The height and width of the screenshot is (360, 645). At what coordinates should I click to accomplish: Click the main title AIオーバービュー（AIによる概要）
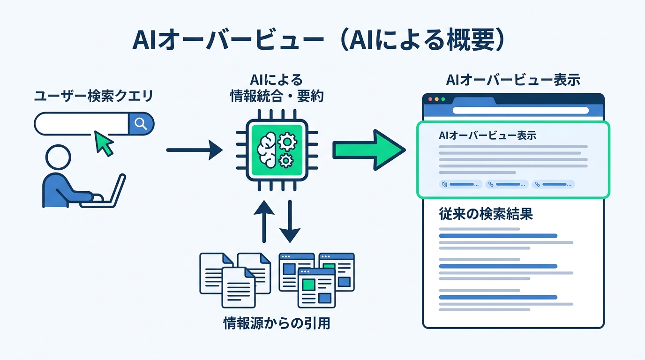319,41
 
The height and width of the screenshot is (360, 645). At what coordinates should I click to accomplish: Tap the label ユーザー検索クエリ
93,97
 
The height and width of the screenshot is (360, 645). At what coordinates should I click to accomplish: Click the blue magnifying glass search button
141,123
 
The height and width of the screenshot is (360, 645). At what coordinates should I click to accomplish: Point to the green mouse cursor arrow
105,143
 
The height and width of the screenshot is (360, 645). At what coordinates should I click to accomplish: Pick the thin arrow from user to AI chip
194,150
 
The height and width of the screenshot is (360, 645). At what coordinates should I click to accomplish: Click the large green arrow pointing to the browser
368,150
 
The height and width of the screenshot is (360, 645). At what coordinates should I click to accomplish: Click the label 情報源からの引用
276,323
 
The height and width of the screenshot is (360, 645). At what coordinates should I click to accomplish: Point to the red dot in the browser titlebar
430,99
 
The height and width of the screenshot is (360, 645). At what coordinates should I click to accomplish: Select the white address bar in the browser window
520,111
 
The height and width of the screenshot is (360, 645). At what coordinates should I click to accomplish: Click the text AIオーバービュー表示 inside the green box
487,136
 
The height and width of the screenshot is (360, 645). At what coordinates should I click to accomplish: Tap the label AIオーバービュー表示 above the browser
513,80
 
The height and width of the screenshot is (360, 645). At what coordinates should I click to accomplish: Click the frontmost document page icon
238,287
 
